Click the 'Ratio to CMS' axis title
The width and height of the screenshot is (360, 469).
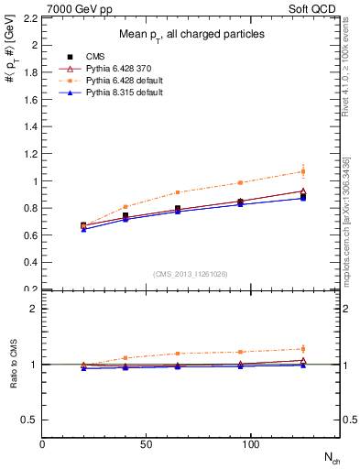(x=12, y=364)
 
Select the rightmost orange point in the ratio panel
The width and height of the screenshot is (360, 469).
(x=303, y=349)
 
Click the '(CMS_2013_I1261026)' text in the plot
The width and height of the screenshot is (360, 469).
(x=191, y=273)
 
